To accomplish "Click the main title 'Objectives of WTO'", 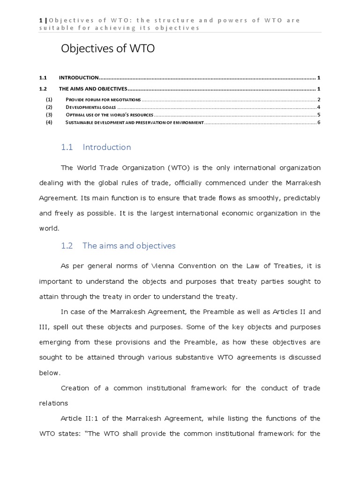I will pos(108,49).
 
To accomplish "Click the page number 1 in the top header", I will pos(40,20).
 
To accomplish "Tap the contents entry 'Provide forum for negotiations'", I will pos(103,99).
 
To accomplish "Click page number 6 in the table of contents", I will pos(318,122).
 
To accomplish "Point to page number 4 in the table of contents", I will pos(318,107).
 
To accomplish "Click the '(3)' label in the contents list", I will pos(49,115).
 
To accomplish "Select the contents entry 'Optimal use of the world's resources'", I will pos(110,115).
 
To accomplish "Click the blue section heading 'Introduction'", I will pos(106,147).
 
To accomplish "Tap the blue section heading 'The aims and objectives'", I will pos(128,246).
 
